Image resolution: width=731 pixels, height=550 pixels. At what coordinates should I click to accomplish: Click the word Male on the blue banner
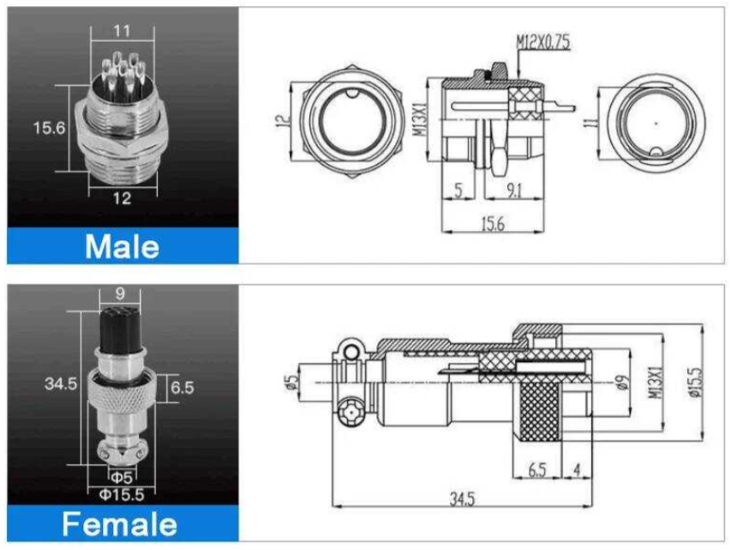click(x=123, y=246)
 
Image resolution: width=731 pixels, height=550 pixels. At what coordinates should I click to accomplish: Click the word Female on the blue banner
click(x=120, y=524)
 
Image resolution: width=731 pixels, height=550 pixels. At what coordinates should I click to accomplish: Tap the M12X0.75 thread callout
click(x=542, y=43)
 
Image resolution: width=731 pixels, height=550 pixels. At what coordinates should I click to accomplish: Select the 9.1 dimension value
click(x=514, y=190)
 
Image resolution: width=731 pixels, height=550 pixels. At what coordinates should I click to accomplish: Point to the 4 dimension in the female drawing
click(x=577, y=469)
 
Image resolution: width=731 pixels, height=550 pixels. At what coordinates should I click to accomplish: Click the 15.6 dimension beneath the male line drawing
click(x=493, y=224)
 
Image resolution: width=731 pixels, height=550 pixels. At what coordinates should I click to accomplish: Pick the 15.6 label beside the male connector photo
click(x=50, y=128)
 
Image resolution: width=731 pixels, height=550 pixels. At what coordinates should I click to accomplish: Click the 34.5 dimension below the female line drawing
click(x=462, y=499)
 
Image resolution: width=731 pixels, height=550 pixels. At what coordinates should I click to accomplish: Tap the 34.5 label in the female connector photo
click(x=61, y=384)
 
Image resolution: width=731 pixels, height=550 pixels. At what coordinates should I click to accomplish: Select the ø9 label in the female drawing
click(x=624, y=383)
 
